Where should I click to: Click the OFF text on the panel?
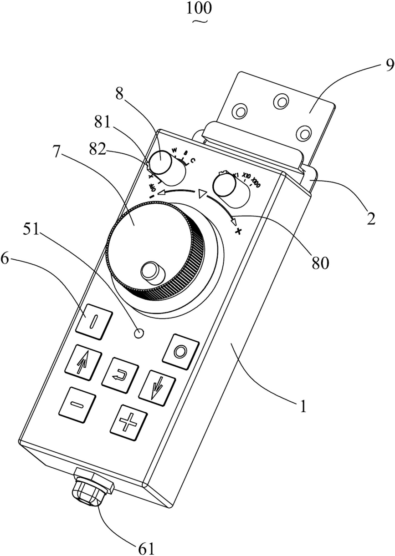click(152, 188)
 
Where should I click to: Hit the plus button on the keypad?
click(128, 422)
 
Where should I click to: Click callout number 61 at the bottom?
click(146, 548)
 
